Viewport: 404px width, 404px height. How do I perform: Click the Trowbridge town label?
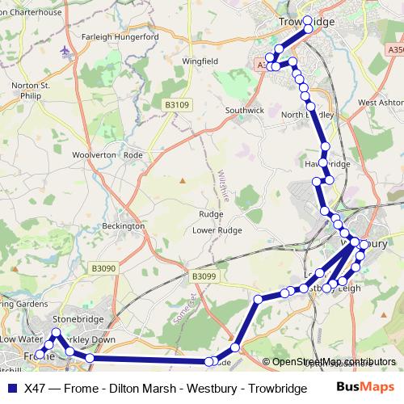pos(306,23)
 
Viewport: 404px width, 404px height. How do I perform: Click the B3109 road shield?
pos(177,104)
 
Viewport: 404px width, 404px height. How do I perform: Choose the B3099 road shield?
pos(205,276)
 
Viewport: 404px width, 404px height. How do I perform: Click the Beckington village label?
pos(124,226)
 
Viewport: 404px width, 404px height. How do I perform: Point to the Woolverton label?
pos(95,154)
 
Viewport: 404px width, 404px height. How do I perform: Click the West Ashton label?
pos(380,103)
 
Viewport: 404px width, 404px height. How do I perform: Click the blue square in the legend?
pos(11,388)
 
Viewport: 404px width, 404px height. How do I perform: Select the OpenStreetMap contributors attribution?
pos(334,362)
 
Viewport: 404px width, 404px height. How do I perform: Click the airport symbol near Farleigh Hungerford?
pos(65,50)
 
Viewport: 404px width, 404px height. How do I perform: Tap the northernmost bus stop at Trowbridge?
pos(308,20)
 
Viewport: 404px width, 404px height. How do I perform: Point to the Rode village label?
pos(134,154)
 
